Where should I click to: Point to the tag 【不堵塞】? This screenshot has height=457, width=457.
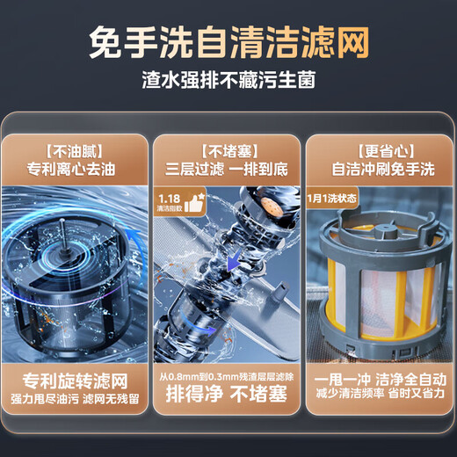[228, 148]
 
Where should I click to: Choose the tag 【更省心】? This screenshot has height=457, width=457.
[381, 148]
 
